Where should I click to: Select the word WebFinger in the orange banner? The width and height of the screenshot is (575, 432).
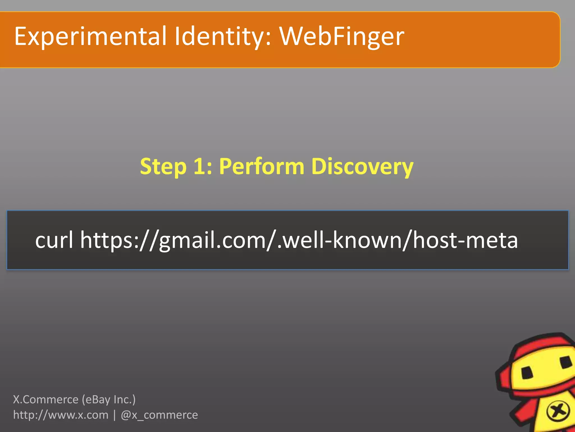tap(341, 37)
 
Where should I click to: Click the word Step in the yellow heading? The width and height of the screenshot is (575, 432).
tap(163, 166)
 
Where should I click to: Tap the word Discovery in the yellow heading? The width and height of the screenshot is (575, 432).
tap(362, 166)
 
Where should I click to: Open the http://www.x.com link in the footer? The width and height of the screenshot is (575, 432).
tap(61, 415)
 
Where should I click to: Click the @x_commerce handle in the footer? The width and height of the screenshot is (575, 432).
tap(159, 415)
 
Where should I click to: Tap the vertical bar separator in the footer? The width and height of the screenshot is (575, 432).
tap(115, 415)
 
